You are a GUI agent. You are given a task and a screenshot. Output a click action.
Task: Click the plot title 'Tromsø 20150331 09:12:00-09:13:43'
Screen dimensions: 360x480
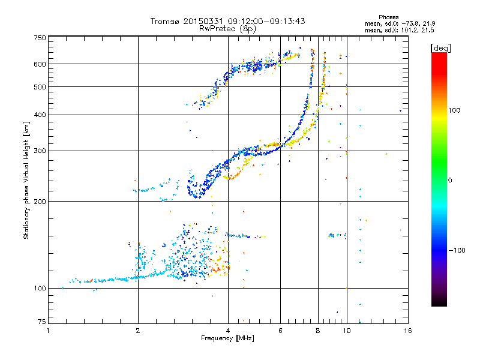pyautogui.click(x=227, y=21)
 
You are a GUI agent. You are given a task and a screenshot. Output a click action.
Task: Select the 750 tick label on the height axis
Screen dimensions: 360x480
pyautogui.click(x=40, y=38)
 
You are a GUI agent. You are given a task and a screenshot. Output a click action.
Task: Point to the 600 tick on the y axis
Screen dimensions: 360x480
pyautogui.click(x=40, y=64)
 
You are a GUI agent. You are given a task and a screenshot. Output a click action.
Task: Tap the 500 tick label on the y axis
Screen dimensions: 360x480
pyautogui.click(x=40, y=87)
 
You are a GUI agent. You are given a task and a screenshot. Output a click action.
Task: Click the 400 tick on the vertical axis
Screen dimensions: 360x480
pyautogui.click(x=40, y=115)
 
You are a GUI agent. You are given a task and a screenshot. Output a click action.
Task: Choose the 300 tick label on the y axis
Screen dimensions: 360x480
pyautogui.click(x=40, y=151)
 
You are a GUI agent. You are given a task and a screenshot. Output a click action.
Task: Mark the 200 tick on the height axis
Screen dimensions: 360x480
pyautogui.click(x=40, y=202)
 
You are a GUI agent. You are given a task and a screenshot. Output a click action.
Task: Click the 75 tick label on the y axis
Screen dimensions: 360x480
pyautogui.click(x=41, y=323)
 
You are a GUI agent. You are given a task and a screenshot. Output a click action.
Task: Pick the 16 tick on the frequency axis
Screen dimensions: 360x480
pyautogui.click(x=407, y=330)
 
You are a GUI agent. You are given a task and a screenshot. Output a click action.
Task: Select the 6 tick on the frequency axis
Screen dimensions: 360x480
pyautogui.click(x=280, y=330)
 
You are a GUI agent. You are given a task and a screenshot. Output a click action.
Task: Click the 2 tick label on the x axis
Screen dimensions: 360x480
pyautogui.click(x=138, y=330)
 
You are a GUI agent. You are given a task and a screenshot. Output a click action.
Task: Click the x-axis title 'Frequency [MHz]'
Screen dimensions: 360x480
pyautogui.click(x=227, y=339)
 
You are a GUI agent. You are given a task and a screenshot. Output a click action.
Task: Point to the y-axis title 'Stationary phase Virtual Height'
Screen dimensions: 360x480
pyautogui.click(x=26, y=180)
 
